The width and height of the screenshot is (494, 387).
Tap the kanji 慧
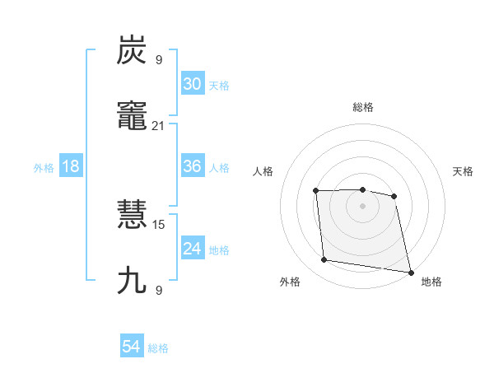[x=133, y=215]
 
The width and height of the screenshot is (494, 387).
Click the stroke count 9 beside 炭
[x=159, y=60]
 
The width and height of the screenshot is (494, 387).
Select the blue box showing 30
[x=193, y=84]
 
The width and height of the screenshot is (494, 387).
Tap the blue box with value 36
[x=193, y=166]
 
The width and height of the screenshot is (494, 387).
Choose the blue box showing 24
[x=193, y=249]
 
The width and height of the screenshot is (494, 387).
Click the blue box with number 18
[x=71, y=166]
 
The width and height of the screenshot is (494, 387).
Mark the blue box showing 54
[x=132, y=347]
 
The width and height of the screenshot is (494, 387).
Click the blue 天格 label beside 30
[x=219, y=86]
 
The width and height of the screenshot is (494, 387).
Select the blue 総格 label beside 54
[x=158, y=348]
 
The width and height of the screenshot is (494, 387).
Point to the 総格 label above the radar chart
[x=362, y=107]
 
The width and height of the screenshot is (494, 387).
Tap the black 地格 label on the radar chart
[x=431, y=282]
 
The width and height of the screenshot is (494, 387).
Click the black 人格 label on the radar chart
[x=263, y=171]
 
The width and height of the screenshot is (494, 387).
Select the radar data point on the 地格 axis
[x=410, y=272]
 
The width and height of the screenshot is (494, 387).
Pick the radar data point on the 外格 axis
[x=324, y=260]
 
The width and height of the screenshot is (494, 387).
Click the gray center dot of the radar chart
[x=362, y=206]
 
